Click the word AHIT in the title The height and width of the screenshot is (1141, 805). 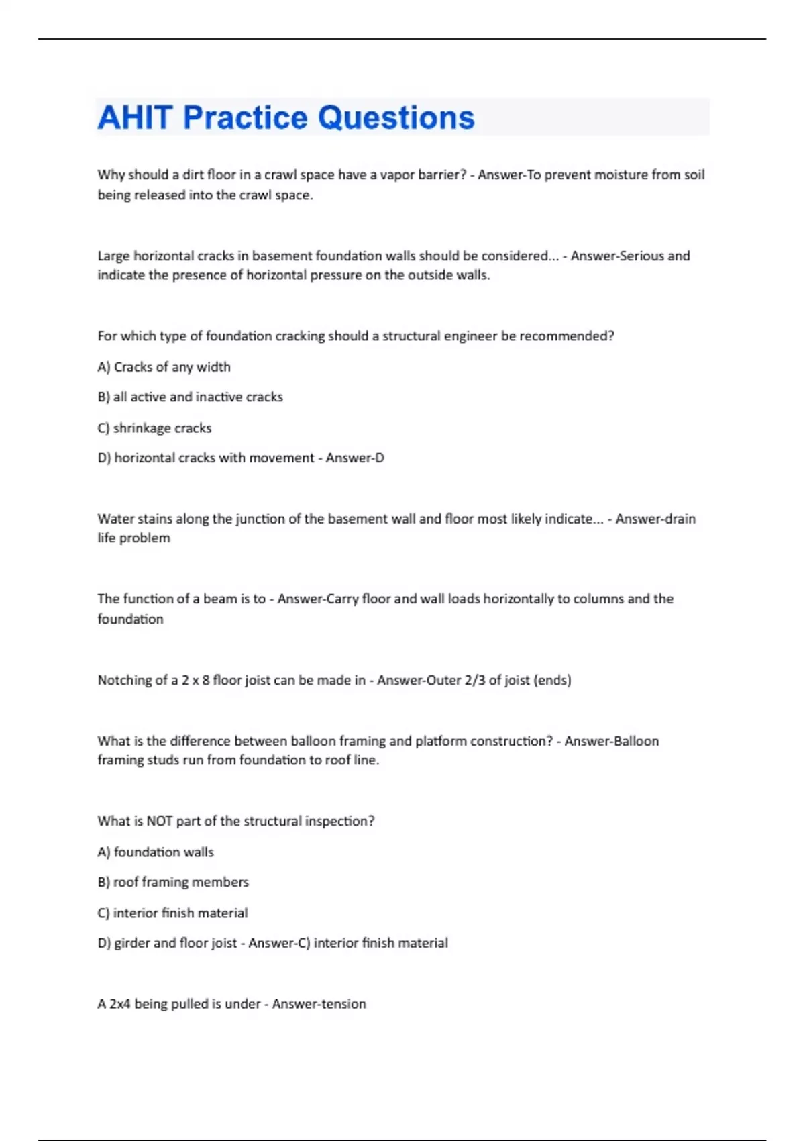pos(135,117)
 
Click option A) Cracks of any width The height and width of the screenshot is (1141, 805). pos(164,367)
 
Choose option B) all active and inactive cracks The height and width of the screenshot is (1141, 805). pos(190,397)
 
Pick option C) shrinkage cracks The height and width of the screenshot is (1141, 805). pos(154,428)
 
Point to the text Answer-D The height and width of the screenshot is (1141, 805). pos(355,458)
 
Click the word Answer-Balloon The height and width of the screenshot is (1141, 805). pos(611,741)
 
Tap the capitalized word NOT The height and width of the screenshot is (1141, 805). pos(160,821)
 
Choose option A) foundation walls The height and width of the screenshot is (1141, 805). pos(156,852)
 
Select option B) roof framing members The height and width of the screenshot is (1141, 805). pos(173,882)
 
